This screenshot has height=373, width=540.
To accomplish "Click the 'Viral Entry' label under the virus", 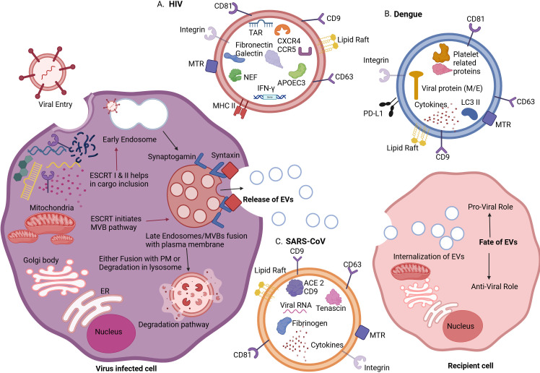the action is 56,104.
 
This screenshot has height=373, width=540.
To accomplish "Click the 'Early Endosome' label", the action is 129,140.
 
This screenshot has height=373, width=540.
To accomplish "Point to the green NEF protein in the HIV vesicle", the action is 235,75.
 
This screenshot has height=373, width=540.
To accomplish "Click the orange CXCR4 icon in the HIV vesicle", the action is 282,30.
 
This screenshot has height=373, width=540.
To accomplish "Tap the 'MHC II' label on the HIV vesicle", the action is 224,106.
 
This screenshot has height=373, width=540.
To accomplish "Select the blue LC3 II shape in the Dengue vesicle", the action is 469,113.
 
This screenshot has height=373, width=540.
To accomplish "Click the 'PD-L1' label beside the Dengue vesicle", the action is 373,113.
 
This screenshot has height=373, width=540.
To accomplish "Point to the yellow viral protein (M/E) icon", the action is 416,85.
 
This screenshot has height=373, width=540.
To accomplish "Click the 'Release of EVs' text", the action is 268,200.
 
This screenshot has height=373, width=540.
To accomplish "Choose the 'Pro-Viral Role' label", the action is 490,207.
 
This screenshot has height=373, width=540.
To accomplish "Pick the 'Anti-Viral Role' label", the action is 495,286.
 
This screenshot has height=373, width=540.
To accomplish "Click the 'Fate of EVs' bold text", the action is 498,242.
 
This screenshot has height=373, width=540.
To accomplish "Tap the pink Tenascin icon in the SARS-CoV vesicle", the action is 333,296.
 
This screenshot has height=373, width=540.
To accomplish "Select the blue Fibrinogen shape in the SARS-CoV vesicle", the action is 284,325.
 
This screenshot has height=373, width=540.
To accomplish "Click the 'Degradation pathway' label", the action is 173,325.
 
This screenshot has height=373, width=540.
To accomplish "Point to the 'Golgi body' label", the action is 41,260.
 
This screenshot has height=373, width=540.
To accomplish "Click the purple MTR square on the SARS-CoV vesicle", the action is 362,333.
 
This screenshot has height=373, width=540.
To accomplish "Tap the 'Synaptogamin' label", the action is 172,157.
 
